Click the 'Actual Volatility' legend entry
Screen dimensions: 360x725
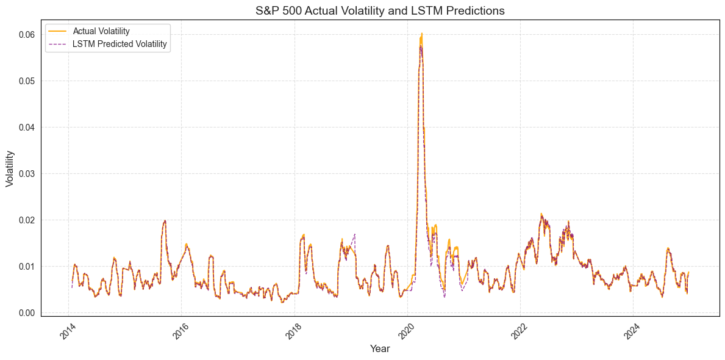[x=101, y=31]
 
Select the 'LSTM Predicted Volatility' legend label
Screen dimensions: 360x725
[x=120, y=44]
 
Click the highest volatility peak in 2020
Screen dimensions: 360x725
[x=421, y=34]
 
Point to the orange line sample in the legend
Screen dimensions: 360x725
[x=59, y=31]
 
